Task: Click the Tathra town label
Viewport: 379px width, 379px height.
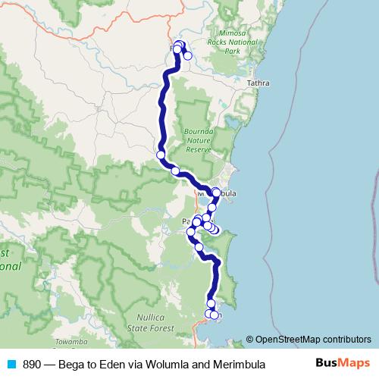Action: pyautogui.click(x=258, y=83)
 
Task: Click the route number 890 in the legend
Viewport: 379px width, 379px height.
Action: pyautogui.click(x=32, y=365)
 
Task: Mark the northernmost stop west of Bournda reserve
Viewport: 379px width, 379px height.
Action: pyautogui.click(x=161, y=155)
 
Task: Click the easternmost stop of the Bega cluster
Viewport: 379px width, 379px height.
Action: pyautogui.click(x=187, y=56)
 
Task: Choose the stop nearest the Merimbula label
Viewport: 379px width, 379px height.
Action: pyautogui.click(x=216, y=193)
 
